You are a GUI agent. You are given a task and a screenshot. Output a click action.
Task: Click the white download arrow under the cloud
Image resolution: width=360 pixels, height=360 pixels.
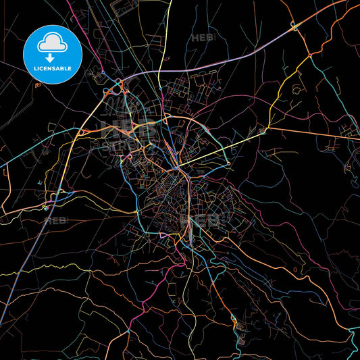click(x=52, y=57)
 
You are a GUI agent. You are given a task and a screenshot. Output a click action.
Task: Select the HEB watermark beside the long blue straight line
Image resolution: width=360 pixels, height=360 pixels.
click(x=53, y=220)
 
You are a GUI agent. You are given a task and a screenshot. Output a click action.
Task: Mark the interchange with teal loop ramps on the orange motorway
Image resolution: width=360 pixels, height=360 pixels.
click(x=294, y=27)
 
